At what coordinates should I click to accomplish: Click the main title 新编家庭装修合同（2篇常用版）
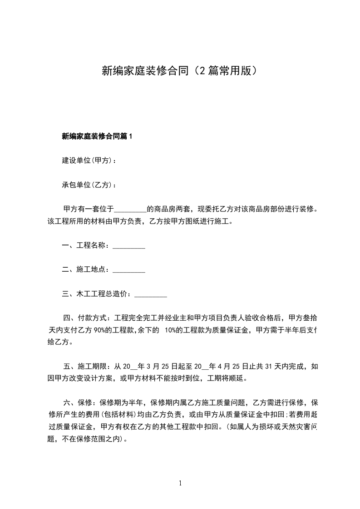(x=180, y=71)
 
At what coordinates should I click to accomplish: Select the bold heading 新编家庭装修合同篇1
(x=96, y=136)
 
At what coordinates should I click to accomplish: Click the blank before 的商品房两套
(x=131, y=210)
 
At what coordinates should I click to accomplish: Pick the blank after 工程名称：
(x=128, y=246)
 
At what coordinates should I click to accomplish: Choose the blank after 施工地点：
(x=128, y=270)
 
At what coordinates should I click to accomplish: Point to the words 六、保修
(x=78, y=402)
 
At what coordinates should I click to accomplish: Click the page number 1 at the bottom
(x=180, y=483)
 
